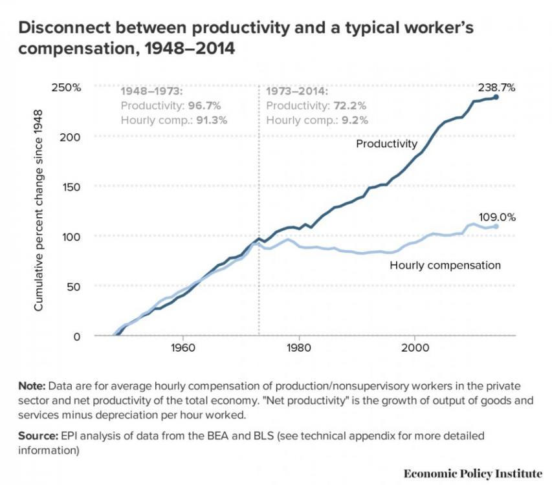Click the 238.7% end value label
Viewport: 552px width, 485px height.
pyautogui.click(x=496, y=87)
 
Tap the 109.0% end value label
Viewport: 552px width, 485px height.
pyautogui.click(x=497, y=217)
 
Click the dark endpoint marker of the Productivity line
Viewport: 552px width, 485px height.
pyautogui.click(x=496, y=97)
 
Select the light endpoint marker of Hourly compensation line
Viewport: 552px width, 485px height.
pyautogui.click(x=496, y=226)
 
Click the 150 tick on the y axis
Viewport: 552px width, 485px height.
pyautogui.click(x=72, y=186)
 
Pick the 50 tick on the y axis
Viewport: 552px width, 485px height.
pyautogui.click(x=75, y=286)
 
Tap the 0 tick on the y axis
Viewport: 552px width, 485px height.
pyautogui.click(x=78, y=336)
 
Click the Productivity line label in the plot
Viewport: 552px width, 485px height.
pyautogui.click(x=387, y=144)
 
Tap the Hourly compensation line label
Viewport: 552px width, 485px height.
pyautogui.click(x=445, y=265)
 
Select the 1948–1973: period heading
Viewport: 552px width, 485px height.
pyautogui.click(x=151, y=91)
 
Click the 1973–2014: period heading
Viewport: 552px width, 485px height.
pyautogui.click(x=297, y=91)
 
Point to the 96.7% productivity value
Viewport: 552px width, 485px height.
pyautogui.click(x=208, y=105)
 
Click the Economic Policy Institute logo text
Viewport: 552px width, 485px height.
pyautogui.click(x=472, y=473)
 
